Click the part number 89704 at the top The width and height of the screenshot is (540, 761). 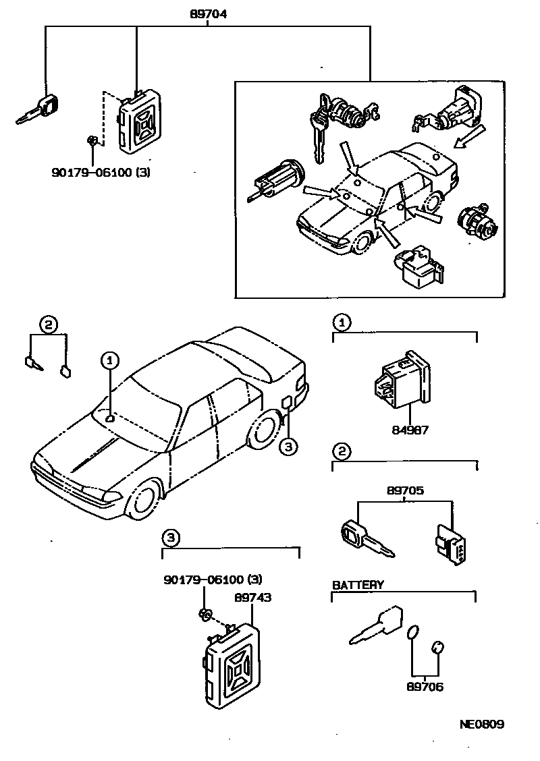coord(206,11)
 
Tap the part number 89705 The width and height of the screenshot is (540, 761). coord(406,491)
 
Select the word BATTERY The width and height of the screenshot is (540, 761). coord(358,585)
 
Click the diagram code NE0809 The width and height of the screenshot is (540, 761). coord(482,725)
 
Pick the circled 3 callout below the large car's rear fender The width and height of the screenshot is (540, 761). coord(288,446)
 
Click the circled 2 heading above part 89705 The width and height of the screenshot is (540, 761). coord(342,451)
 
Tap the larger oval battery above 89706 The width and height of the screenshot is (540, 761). coord(413,633)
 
